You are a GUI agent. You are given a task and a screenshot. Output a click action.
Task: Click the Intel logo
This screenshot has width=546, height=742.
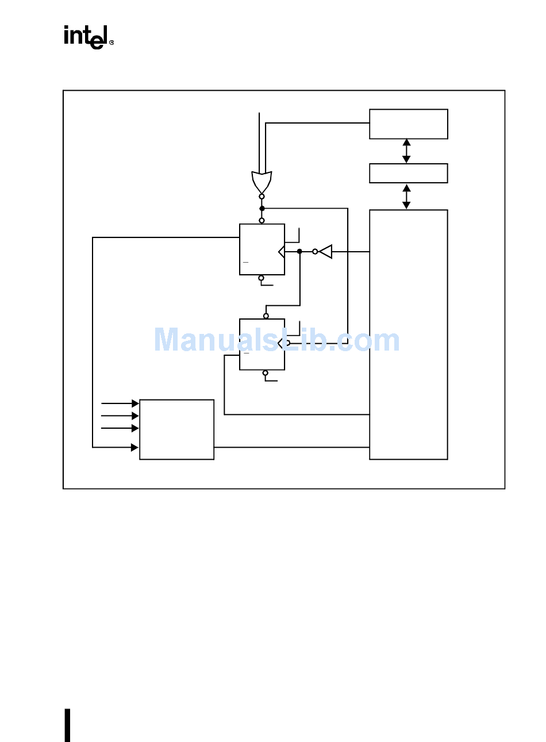88,37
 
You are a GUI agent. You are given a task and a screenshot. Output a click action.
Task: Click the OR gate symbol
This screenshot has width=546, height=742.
262,182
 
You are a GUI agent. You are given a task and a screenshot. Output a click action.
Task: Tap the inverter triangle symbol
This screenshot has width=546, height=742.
326,251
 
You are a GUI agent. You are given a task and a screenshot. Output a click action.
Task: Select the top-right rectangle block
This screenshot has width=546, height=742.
408,124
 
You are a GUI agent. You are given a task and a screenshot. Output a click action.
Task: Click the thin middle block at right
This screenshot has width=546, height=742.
408,173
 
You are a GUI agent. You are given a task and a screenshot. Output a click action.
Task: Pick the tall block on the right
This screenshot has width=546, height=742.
408,335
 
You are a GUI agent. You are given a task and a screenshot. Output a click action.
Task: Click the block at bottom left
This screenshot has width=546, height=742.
176,429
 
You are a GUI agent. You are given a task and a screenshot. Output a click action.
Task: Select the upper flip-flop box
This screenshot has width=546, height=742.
262,249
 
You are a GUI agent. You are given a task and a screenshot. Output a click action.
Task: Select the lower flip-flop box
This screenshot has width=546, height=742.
262,344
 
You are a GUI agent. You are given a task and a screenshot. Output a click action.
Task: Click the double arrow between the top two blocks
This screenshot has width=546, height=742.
406,151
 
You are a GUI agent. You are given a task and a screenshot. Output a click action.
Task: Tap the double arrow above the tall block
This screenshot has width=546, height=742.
406,197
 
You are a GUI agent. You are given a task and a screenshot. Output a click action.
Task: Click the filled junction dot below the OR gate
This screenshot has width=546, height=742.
262,208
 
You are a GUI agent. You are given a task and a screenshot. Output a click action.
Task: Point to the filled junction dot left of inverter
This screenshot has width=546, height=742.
299,251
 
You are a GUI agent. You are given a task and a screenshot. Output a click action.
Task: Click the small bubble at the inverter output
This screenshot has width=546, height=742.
315,251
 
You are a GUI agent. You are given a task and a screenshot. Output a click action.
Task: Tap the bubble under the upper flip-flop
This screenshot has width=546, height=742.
262,278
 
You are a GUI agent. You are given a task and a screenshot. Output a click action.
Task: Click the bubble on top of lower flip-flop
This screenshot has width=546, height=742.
266,316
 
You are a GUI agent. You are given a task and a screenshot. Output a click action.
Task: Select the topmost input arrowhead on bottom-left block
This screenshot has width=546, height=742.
135,403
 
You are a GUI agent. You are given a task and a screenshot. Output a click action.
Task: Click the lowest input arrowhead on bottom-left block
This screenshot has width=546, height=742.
135,447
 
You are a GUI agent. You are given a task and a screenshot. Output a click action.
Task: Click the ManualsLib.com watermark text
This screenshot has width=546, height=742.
276,340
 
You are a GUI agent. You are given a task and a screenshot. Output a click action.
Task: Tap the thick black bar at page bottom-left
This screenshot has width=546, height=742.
67,725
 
